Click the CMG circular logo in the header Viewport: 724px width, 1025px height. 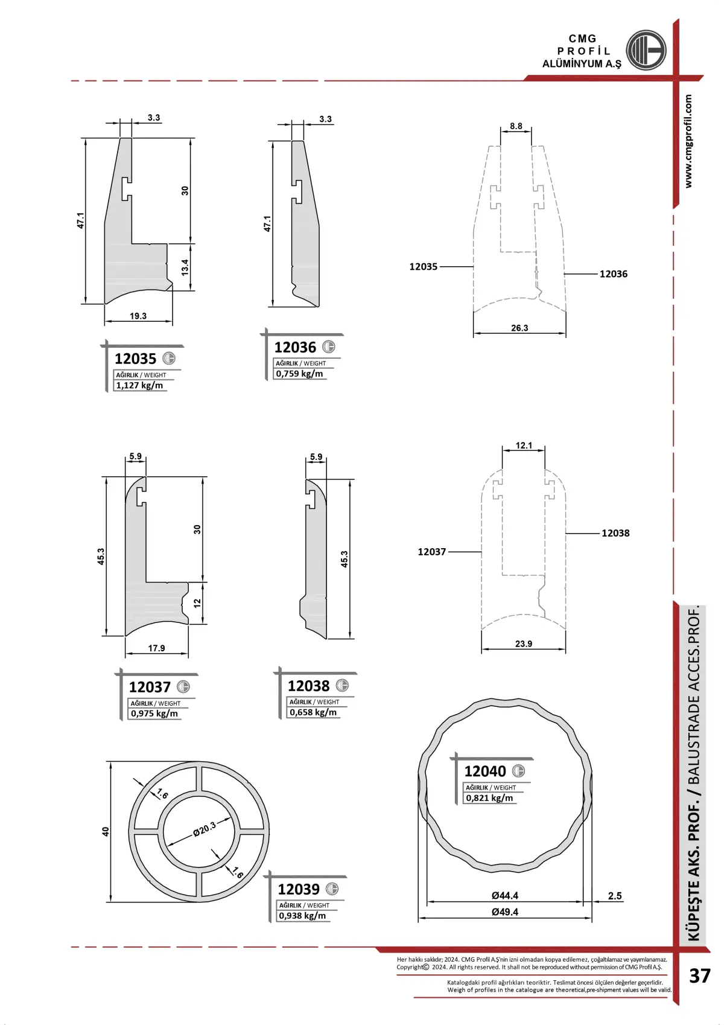[x=646, y=50]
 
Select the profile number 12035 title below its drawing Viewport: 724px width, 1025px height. [x=135, y=359]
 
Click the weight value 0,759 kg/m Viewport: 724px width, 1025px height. [x=299, y=374]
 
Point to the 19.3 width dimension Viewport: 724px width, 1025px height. [x=138, y=316]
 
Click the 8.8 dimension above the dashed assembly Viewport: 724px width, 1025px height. [x=516, y=126]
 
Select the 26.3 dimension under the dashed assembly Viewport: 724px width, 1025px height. [x=519, y=328]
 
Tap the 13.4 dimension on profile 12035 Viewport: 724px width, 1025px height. [x=185, y=267]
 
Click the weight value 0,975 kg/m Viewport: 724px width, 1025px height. [x=154, y=714]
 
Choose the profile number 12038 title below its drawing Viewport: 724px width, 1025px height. [x=309, y=686]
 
